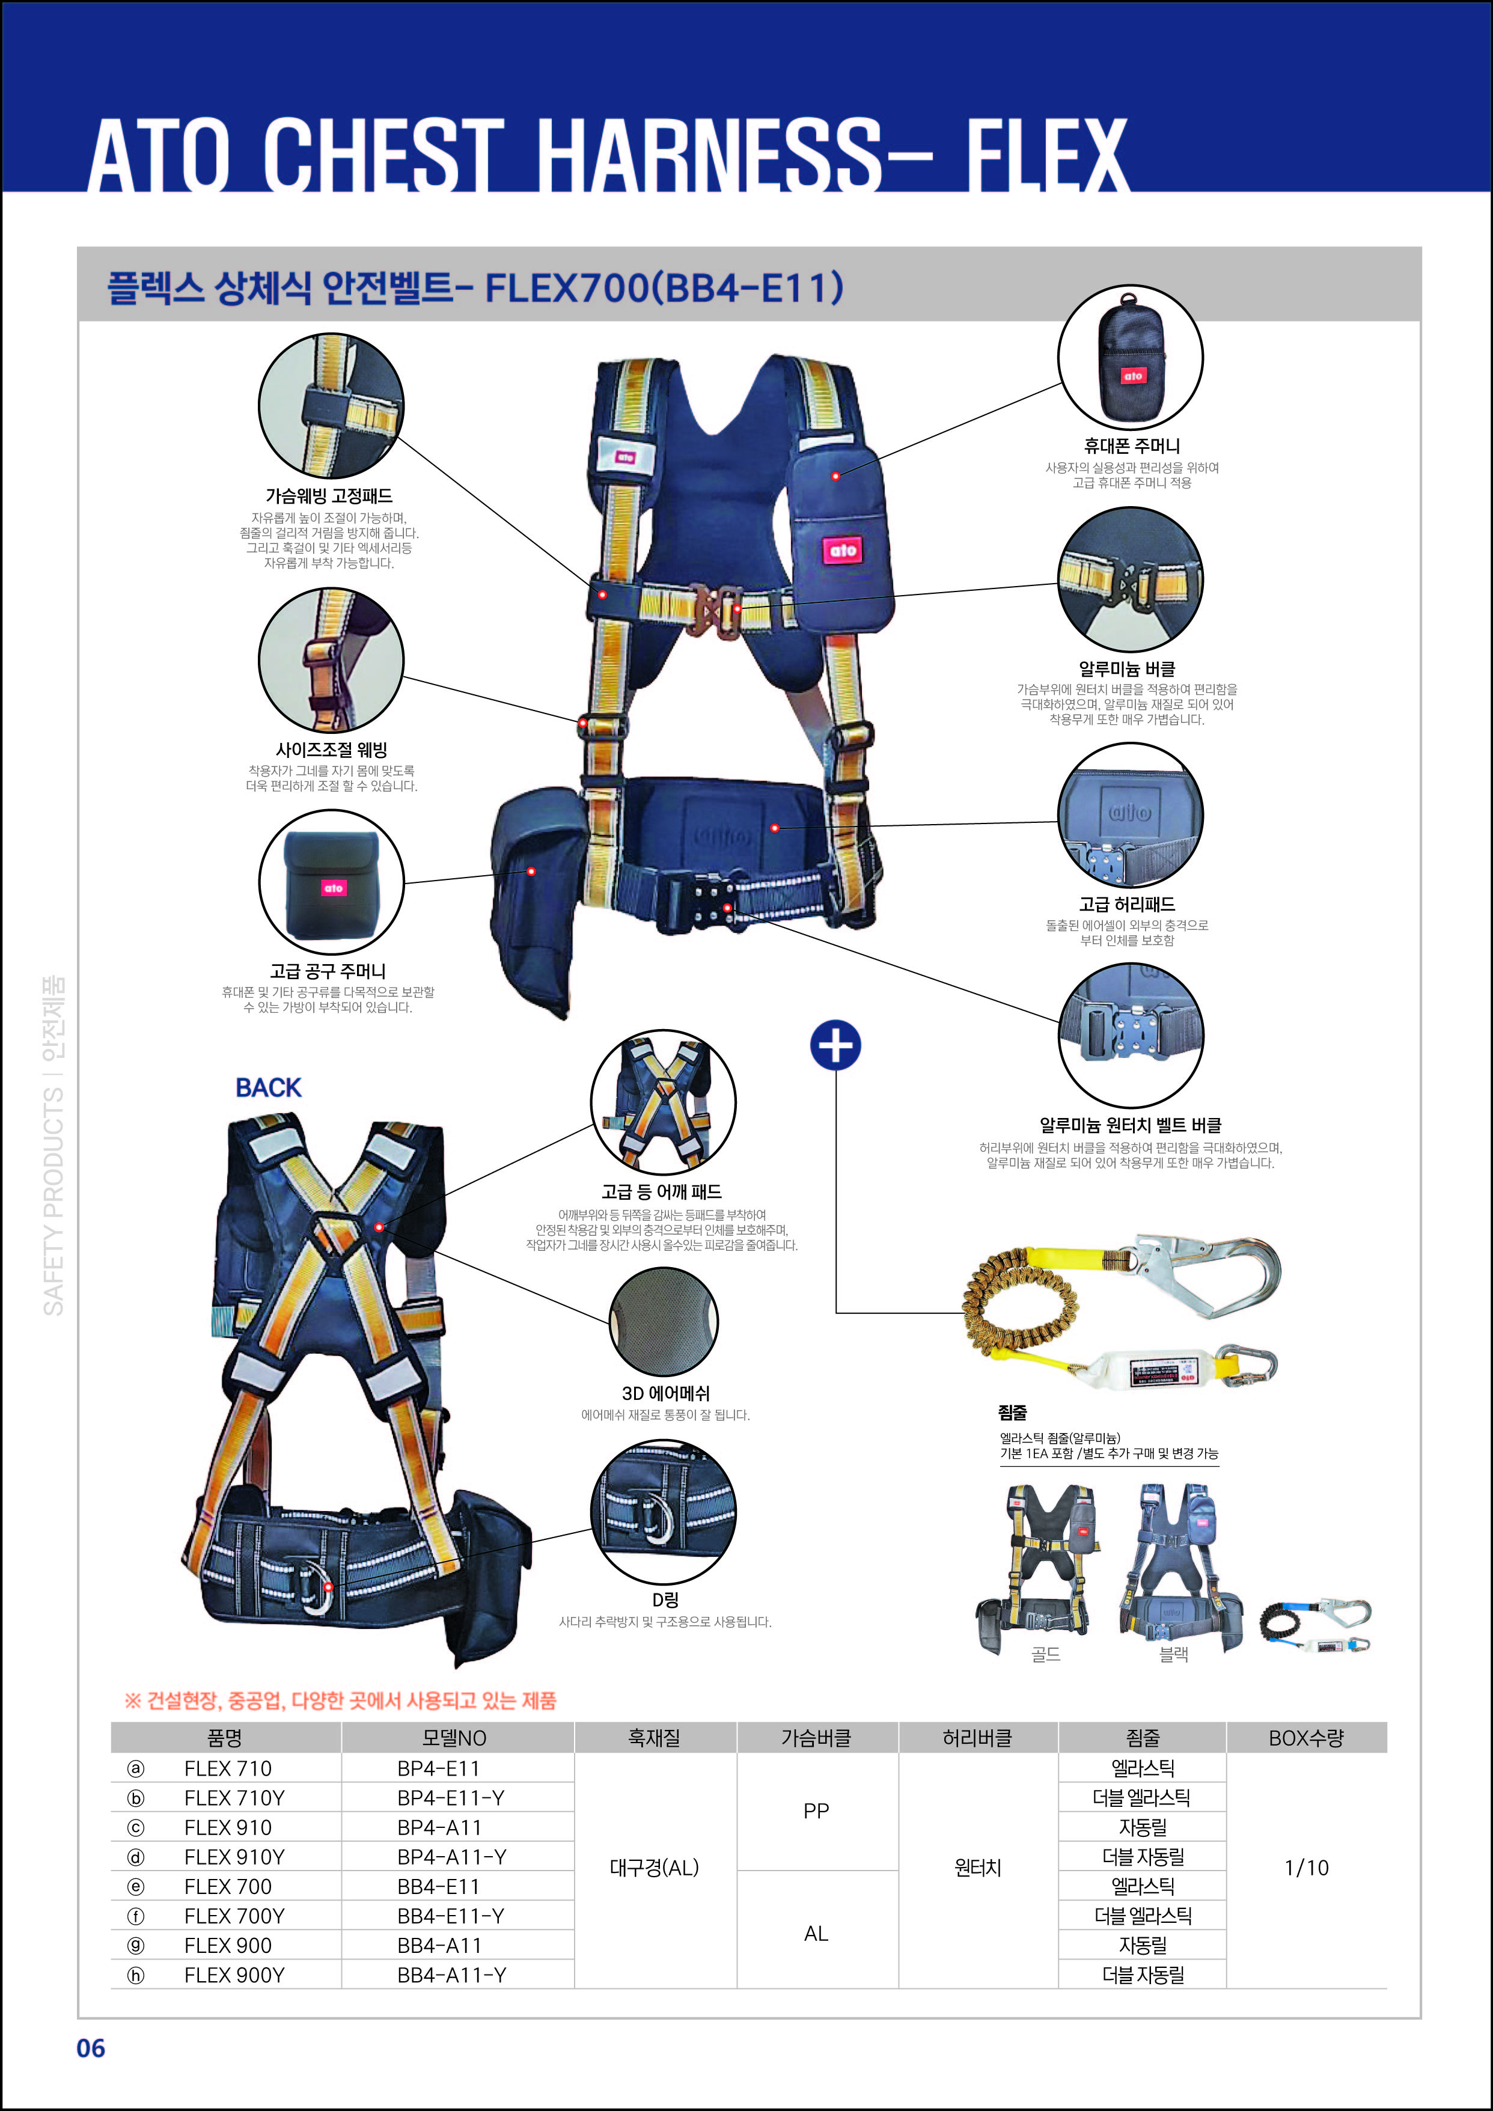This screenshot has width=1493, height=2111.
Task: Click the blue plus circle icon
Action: point(835,1045)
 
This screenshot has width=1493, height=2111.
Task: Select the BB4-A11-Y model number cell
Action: point(451,1975)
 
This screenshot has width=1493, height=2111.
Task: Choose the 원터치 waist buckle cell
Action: point(977,1868)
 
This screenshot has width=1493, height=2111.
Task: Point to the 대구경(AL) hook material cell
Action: point(655,1868)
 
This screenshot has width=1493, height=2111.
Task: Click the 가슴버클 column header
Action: point(816,1738)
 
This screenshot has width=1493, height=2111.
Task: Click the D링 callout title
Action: point(665,1601)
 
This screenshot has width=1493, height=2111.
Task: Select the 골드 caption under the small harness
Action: point(1046,1655)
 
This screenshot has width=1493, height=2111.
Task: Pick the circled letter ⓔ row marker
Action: point(136,1887)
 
